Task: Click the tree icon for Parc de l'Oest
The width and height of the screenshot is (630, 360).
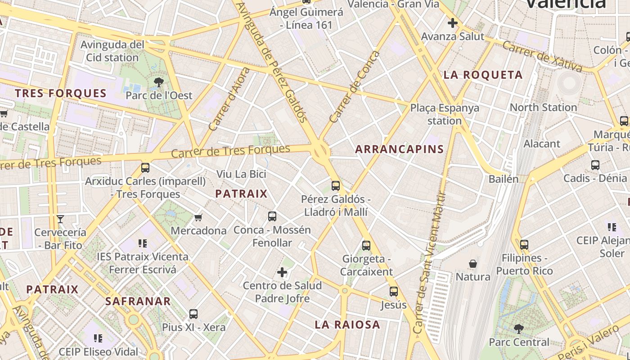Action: [158, 82]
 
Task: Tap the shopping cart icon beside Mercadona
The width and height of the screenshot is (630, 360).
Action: [198, 218]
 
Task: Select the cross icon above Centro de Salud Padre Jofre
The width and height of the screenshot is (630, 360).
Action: [282, 272]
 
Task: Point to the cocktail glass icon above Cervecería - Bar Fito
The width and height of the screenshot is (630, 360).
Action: [60, 219]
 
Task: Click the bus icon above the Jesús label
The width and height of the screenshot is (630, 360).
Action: [394, 292]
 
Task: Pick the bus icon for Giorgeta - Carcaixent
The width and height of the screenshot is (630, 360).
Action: [366, 246]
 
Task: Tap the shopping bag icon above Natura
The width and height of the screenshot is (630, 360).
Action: [473, 263]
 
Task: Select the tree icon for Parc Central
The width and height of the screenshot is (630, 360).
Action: [519, 329]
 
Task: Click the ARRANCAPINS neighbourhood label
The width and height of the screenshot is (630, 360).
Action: [400, 149]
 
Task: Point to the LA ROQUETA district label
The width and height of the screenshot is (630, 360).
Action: [483, 75]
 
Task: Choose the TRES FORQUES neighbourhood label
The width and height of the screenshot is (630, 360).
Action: [61, 94]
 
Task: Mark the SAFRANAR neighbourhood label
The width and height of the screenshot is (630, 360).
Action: [138, 301]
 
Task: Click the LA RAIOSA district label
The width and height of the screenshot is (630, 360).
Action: [347, 324]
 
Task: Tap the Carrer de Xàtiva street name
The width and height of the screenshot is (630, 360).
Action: [542, 56]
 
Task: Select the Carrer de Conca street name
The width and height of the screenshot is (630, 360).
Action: [355, 87]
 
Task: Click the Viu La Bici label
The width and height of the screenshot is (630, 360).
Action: [241, 174]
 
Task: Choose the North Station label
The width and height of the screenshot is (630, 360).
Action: [543, 108]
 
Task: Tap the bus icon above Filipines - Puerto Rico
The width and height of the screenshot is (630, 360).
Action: [524, 245]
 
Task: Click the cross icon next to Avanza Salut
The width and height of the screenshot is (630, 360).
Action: [453, 23]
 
